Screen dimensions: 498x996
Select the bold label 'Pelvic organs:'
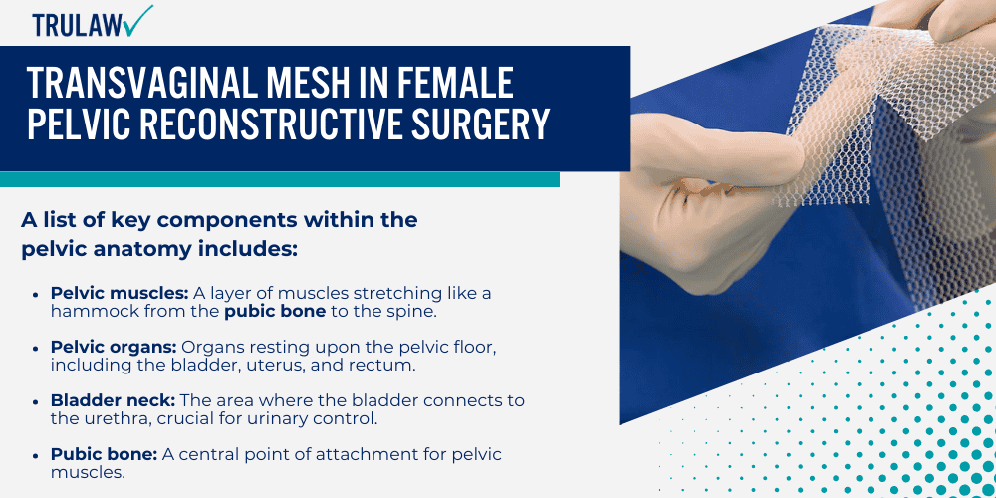click(109, 348)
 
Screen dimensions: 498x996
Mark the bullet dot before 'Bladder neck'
click(37, 401)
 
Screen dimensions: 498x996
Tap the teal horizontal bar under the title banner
click(279, 179)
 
